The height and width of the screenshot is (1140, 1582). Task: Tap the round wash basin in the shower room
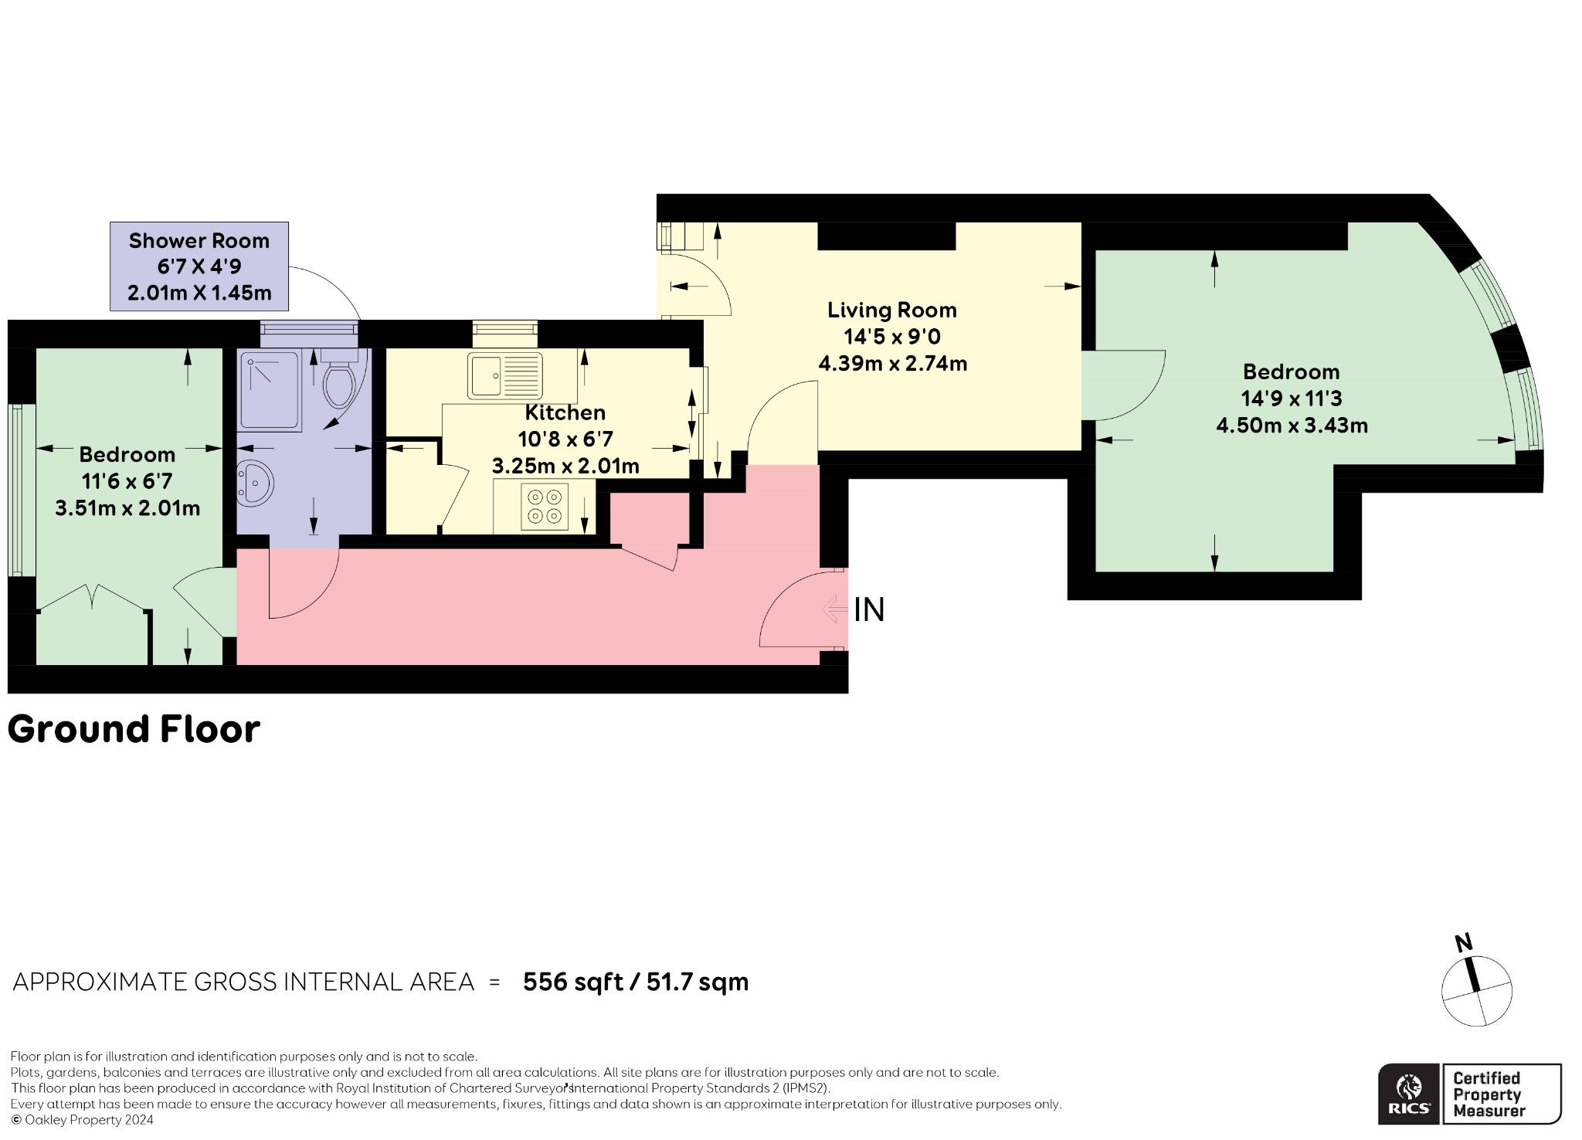pos(255,480)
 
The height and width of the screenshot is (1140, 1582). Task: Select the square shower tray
pos(269,391)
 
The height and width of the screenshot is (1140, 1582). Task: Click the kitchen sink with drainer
pos(504,376)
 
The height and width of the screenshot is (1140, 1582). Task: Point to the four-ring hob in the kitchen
pos(545,507)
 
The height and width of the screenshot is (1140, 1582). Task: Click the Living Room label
pos(892,310)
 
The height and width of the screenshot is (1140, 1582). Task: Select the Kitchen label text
pos(565,412)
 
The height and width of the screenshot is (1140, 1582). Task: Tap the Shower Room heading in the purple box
pos(199,241)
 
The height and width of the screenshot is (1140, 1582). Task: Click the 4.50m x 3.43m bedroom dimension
pos(1292,426)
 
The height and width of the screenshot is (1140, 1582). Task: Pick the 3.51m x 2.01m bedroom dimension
pos(127,508)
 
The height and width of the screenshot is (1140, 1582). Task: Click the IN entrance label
pos(869,610)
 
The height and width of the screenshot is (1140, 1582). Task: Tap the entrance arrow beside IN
pos(834,609)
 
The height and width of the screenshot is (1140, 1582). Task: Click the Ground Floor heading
pos(134,729)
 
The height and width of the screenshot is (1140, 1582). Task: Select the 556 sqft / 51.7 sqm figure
pos(636,982)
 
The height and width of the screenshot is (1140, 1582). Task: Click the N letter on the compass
pos(1463,943)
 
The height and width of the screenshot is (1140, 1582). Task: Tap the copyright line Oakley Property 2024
pos(82,1120)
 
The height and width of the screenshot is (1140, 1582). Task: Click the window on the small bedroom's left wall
pos(22,490)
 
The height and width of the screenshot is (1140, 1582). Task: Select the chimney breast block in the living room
pos(887,236)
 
